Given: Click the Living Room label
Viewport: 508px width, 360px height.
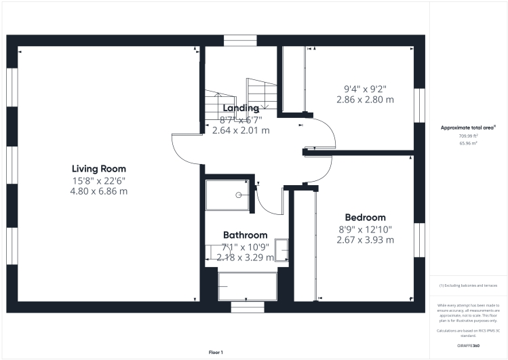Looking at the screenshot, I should (x=99, y=169).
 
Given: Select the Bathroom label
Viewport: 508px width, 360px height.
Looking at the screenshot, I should (x=246, y=235).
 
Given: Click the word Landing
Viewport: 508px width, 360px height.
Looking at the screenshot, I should (x=241, y=108).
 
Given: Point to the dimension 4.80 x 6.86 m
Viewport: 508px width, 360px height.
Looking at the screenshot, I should (x=99, y=191).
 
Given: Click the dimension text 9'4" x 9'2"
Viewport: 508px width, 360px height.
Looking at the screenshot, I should (x=365, y=88).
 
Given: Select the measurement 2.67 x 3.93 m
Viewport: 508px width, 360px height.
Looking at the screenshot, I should (x=366, y=240).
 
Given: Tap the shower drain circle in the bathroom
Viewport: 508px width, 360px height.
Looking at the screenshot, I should (x=239, y=195).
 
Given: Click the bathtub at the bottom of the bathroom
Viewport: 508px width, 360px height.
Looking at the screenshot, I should (x=248, y=285).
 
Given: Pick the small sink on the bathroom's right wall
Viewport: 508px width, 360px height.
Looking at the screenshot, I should (x=284, y=251).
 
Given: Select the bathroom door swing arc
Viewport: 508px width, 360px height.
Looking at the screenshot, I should (x=271, y=201).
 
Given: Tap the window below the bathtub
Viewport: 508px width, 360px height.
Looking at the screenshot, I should (x=248, y=307).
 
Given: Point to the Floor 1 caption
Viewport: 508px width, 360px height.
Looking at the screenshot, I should (x=216, y=352).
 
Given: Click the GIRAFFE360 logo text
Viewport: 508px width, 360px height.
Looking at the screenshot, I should (x=469, y=346).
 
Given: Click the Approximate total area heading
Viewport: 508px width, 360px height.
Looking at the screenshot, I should (x=468, y=127).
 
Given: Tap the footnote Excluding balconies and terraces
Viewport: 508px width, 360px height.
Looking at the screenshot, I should (x=469, y=285).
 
